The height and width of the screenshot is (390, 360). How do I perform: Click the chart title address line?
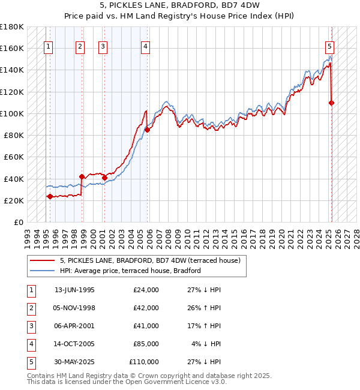tap(179, 7)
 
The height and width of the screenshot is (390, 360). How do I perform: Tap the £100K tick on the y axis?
tap(12, 113)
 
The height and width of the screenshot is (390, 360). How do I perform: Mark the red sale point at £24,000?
tap(50, 196)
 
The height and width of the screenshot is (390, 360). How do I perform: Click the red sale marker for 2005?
tap(147, 130)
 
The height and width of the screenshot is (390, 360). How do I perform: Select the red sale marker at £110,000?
tap(331, 103)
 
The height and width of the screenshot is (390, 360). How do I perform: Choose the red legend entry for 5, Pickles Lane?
tap(150, 260)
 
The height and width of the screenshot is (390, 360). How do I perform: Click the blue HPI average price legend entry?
tap(130, 271)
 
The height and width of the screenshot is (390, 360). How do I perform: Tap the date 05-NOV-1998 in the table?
tap(74, 308)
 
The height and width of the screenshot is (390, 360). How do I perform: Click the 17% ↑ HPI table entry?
tap(203, 326)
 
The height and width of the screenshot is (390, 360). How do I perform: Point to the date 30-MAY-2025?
tap(74, 362)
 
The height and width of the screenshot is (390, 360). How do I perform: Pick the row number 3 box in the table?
tap(31, 326)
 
